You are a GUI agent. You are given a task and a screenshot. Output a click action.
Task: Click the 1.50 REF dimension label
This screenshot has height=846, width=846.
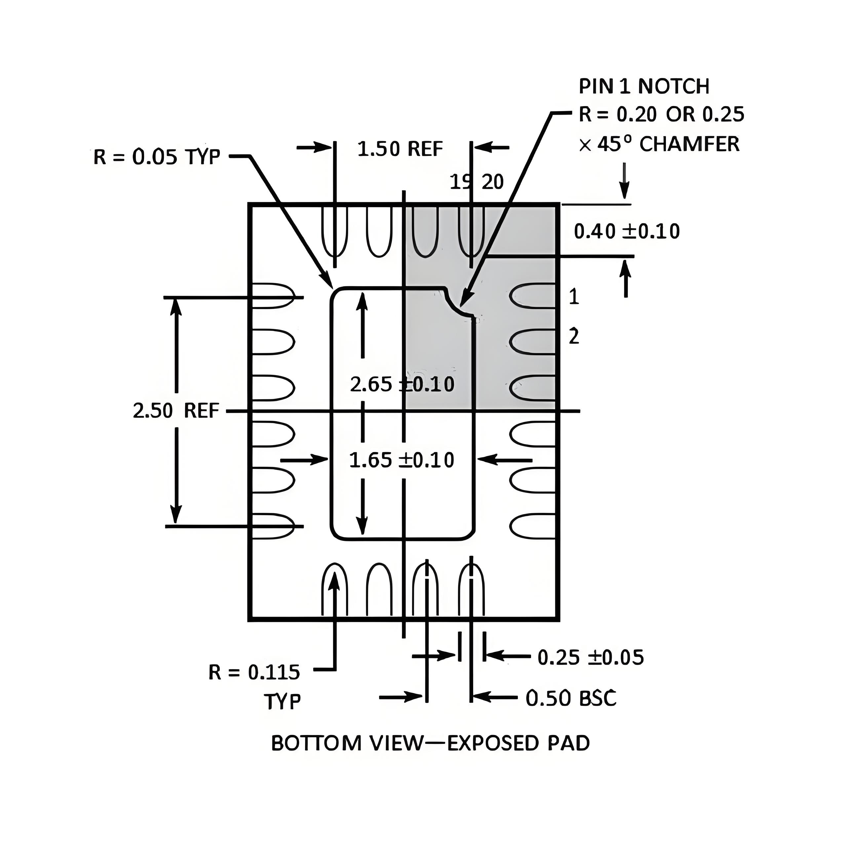tap(400, 149)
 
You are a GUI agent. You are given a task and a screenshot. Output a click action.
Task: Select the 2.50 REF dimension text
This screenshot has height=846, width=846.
tap(175, 411)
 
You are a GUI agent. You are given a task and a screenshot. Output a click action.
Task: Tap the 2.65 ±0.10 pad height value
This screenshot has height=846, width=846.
tap(402, 384)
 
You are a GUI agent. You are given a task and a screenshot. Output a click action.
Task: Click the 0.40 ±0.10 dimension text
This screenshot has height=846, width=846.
tap(627, 231)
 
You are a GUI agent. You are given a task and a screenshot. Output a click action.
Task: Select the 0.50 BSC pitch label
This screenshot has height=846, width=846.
tap(571, 698)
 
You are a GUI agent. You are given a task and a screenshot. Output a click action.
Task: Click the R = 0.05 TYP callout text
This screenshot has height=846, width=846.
tap(156, 157)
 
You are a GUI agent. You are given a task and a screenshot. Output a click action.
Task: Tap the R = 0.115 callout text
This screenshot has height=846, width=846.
tap(254, 672)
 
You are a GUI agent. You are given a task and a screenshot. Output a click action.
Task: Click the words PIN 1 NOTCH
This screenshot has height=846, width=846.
tap(644, 86)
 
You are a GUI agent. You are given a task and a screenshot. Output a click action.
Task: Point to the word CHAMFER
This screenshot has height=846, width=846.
tap(689, 144)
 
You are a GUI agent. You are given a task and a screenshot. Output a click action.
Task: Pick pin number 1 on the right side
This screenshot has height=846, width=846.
tap(574, 297)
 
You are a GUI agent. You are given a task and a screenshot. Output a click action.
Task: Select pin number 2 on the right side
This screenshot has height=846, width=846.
tap(574, 336)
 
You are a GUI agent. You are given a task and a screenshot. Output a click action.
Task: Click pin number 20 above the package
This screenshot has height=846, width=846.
tap(493, 182)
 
